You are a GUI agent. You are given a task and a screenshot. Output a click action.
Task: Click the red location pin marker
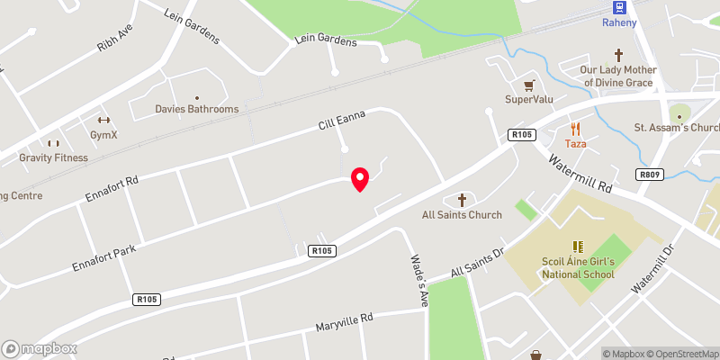pos(360,178)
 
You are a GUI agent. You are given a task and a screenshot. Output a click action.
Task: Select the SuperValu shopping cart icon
pos(528,85)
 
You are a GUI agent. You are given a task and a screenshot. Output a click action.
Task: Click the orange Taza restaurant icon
pos(575,129)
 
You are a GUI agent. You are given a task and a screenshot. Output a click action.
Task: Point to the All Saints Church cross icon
pos(463,200)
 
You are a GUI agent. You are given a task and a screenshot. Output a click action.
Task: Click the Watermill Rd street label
pos(580,171)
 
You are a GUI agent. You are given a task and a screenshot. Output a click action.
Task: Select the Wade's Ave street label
pos(418,282)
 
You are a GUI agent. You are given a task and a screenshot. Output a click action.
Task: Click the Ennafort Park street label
pos(105,256)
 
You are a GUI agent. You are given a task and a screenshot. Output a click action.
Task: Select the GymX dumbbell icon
pos(103,121)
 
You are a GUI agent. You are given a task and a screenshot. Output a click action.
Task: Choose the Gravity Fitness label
pos(54,157)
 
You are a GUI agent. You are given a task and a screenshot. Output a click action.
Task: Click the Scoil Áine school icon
pos(577,246)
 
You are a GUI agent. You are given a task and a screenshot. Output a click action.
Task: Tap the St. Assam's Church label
pos(678,128)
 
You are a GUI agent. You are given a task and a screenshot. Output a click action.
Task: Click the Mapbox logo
pos(39,348)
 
